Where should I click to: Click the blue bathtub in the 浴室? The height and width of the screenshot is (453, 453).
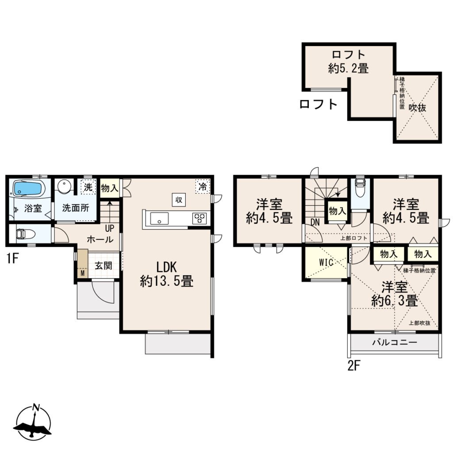[27, 188]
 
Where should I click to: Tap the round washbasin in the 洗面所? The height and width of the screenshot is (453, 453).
[63, 186]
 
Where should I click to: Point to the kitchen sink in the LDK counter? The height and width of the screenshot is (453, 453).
[159, 218]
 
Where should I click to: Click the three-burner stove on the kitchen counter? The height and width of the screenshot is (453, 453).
[200, 218]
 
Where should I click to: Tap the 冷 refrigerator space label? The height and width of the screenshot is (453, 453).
[203, 187]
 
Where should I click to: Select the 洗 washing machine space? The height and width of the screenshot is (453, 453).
[88, 187]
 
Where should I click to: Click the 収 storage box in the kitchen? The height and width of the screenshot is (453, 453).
[179, 200]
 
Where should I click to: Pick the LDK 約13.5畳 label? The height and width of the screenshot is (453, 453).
[167, 274]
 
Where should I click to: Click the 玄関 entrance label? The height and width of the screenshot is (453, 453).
[104, 265]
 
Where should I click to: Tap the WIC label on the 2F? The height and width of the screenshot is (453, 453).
[326, 262]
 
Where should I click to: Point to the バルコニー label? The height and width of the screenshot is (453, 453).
[395, 343]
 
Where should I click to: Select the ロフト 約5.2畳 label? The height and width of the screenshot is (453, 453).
[349, 61]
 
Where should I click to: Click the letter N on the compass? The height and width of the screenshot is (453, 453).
[36, 407]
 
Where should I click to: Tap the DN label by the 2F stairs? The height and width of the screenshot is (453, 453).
[315, 223]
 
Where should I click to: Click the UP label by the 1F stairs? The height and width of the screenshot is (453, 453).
[110, 229]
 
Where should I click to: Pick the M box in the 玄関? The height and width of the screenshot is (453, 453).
[83, 273]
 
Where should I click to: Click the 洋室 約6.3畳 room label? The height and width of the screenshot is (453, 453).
[395, 294]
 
